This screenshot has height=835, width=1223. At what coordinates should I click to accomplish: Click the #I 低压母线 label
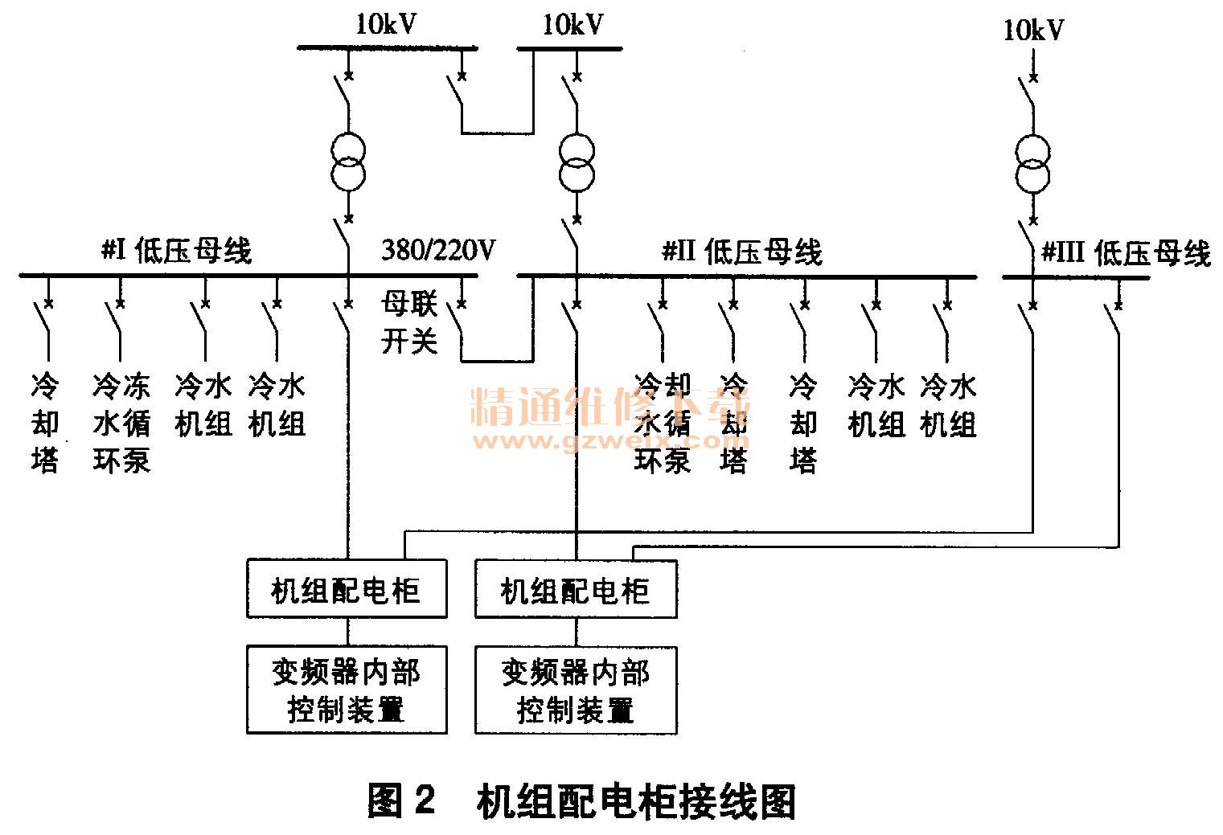(177, 251)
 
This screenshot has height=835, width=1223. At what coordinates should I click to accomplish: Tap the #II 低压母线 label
(742, 252)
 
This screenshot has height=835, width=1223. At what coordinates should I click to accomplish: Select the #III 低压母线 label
(1126, 253)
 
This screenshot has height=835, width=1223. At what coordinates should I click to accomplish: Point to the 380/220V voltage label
(438, 251)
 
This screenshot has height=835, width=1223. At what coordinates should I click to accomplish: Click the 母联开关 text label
(409, 323)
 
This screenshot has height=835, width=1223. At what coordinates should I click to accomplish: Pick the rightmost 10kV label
(1033, 31)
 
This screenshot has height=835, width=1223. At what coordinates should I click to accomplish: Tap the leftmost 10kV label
(387, 25)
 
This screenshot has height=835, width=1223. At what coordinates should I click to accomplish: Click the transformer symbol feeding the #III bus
(1033, 163)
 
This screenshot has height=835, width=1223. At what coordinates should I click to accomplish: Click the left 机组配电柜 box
(347, 589)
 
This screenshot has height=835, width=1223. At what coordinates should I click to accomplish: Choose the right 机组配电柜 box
(576, 589)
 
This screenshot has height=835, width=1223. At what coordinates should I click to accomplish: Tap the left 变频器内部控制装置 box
(347, 690)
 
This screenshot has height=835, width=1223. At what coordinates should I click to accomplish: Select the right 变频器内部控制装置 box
(576, 690)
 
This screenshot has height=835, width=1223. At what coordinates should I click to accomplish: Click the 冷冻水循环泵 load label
(121, 423)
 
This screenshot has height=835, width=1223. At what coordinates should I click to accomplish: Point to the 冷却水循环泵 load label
(663, 423)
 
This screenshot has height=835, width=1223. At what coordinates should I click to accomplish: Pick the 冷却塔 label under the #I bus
(46, 423)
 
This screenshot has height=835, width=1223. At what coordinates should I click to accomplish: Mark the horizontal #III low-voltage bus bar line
(1076, 278)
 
